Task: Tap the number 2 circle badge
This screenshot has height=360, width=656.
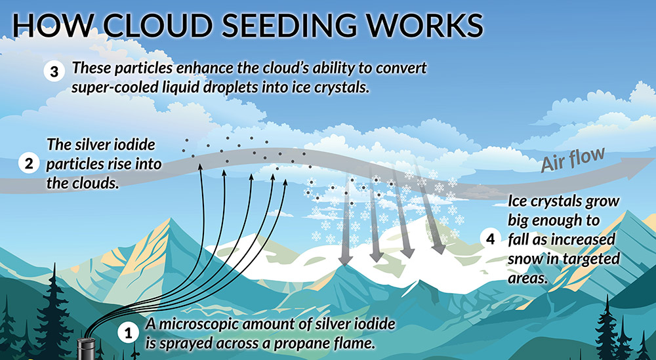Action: [x=29, y=163]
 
